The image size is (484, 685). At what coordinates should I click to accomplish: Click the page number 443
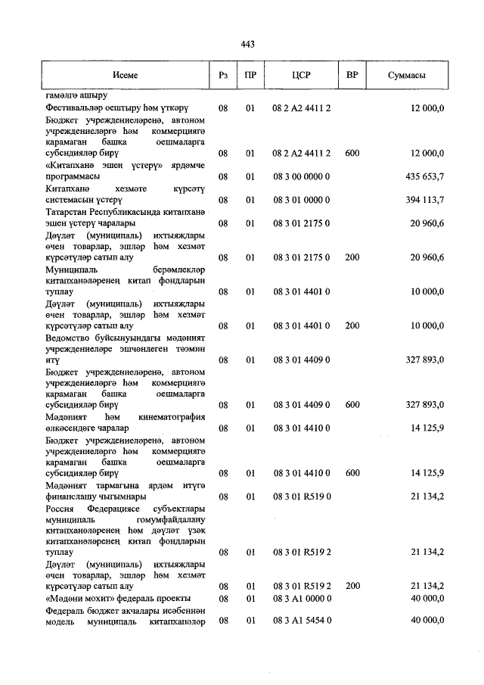pos(247,45)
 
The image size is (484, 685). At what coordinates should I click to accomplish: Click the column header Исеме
pos(126,76)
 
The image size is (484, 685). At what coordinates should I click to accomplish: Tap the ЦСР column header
pos(301,76)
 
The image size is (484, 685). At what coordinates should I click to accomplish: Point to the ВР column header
pos(352,76)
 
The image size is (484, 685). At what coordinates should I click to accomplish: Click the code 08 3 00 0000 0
pos(301,176)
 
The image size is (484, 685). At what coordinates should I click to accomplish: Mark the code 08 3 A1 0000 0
pos(301,598)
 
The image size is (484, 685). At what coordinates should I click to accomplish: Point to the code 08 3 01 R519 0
pos(301,497)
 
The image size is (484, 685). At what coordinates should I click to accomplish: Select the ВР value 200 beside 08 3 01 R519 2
pos(352,586)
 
